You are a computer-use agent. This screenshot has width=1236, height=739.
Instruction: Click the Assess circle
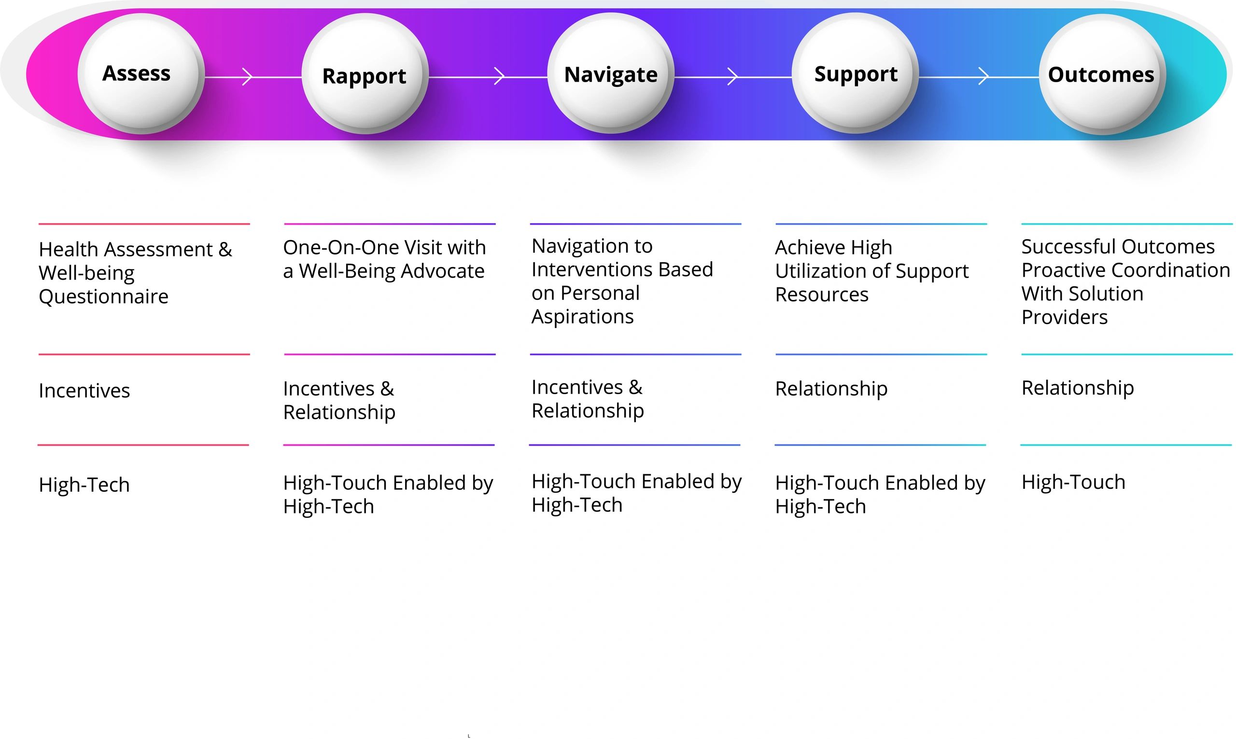point(140,74)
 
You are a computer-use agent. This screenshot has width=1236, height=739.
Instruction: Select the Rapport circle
point(365,74)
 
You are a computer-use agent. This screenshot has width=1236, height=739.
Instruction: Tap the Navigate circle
point(610,73)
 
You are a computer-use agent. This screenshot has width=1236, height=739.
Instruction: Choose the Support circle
point(855,73)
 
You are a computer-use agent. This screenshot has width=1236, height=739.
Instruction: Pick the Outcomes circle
point(1102,74)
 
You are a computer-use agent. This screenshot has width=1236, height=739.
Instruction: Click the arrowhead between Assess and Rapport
point(247,77)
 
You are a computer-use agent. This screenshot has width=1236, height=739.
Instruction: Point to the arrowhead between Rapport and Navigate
point(499,77)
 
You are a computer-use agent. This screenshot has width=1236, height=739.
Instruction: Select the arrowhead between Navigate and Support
point(732,77)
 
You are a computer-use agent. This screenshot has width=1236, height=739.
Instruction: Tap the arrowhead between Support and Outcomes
point(983,77)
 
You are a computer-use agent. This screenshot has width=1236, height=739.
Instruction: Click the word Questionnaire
point(103,297)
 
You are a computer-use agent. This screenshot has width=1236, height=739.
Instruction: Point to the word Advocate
point(443,271)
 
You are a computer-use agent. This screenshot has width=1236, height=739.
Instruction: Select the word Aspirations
point(582,317)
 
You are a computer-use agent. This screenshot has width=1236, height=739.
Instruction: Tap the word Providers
point(1064,317)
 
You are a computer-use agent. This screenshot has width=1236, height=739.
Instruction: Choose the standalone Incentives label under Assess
point(84,391)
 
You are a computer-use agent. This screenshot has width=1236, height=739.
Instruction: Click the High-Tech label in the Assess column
point(84,485)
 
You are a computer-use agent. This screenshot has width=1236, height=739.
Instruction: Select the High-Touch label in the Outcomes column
point(1073,482)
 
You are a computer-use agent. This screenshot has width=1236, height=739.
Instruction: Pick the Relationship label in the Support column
point(831,389)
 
